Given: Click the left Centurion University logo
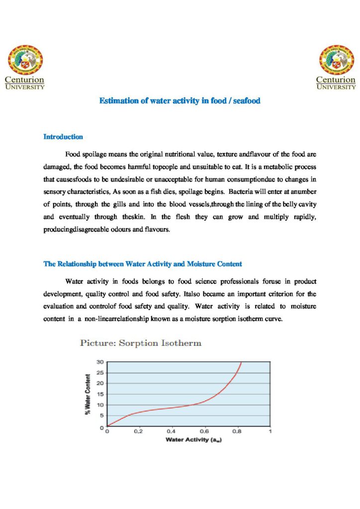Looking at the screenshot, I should tap(25, 67).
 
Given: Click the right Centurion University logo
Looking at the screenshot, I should tap(336, 67).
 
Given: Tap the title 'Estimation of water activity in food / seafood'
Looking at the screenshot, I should tap(180, 101).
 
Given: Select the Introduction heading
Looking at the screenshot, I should tap(63, 137).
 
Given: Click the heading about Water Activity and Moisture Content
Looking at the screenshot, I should tap(143, 264).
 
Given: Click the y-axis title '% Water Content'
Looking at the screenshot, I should tap(88, 394).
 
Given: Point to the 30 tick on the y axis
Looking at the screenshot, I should tap(100, 362).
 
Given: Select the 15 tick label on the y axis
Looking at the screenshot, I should tap(100, 394).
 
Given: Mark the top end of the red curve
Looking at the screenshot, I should tap(241, 362).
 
